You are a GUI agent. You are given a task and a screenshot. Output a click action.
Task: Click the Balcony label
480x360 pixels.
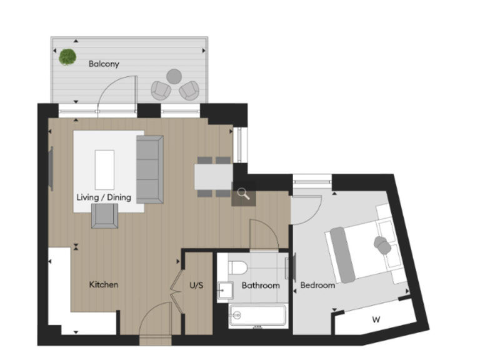tap(104, 64)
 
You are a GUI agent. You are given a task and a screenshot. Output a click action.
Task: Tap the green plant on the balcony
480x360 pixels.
tap(66, 57)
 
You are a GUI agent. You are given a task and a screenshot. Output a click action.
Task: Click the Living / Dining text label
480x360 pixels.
tap(104, 197)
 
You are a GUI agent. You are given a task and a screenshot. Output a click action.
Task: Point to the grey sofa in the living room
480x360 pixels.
tap(149, 168)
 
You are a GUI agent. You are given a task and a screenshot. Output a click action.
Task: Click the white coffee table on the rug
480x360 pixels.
tap(104, 169)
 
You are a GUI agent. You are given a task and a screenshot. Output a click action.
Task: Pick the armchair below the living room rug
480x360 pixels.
tap(104, 216)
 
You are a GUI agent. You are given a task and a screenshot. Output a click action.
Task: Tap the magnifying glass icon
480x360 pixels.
tap(242, 194)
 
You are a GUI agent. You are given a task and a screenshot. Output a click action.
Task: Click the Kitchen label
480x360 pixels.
tap(104, 285)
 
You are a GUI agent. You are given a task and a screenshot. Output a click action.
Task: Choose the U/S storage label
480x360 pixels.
tap(196, 286)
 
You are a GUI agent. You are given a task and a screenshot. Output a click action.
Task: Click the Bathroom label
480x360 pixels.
tap(261, 286)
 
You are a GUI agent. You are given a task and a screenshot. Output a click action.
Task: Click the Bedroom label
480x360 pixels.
tap(317, 286)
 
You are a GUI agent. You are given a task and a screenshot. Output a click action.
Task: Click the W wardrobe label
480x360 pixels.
tap(376, 320)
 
